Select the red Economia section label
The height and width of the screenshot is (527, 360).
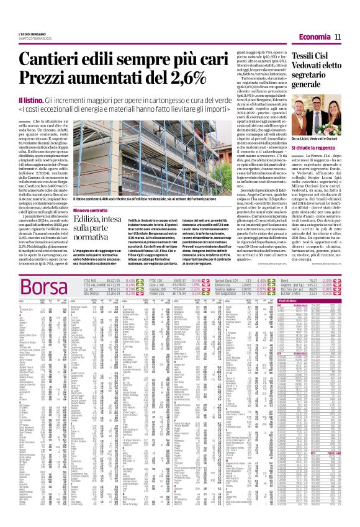tap(315, 37)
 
